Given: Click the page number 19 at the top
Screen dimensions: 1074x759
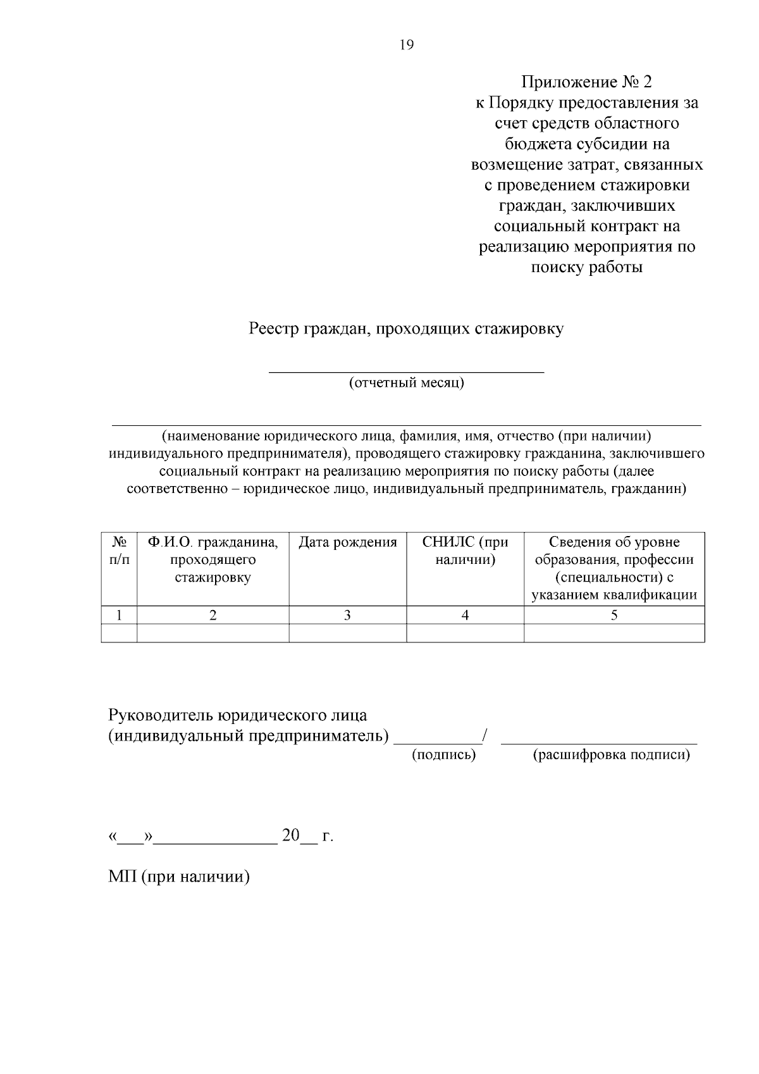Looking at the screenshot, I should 406,45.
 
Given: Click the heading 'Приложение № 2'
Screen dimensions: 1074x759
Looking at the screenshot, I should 586,82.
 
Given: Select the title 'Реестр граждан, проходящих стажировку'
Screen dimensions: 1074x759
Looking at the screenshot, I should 406,329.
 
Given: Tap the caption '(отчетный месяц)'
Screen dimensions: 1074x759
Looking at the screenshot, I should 407,383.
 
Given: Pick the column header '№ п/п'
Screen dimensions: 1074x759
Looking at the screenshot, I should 119,551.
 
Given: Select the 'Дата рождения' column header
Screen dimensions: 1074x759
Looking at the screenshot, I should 347,542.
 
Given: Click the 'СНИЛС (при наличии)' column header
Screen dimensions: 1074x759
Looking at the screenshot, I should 465,551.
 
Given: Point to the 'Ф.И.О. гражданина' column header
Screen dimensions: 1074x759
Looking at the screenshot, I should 213,559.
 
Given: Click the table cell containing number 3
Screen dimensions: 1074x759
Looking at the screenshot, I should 347,615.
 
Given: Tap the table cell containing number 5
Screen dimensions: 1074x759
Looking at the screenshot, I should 614,615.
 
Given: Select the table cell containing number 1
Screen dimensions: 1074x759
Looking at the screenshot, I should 119,615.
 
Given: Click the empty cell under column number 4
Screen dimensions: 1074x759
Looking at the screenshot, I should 465,633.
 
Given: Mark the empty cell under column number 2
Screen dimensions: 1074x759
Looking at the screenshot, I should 213,633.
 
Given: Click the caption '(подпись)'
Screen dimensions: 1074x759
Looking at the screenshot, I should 443,755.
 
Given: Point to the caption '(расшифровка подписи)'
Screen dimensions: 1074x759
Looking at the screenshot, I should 612,755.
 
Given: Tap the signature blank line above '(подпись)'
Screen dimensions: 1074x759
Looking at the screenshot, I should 437,742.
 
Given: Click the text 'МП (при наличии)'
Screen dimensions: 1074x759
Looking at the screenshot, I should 179,877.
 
